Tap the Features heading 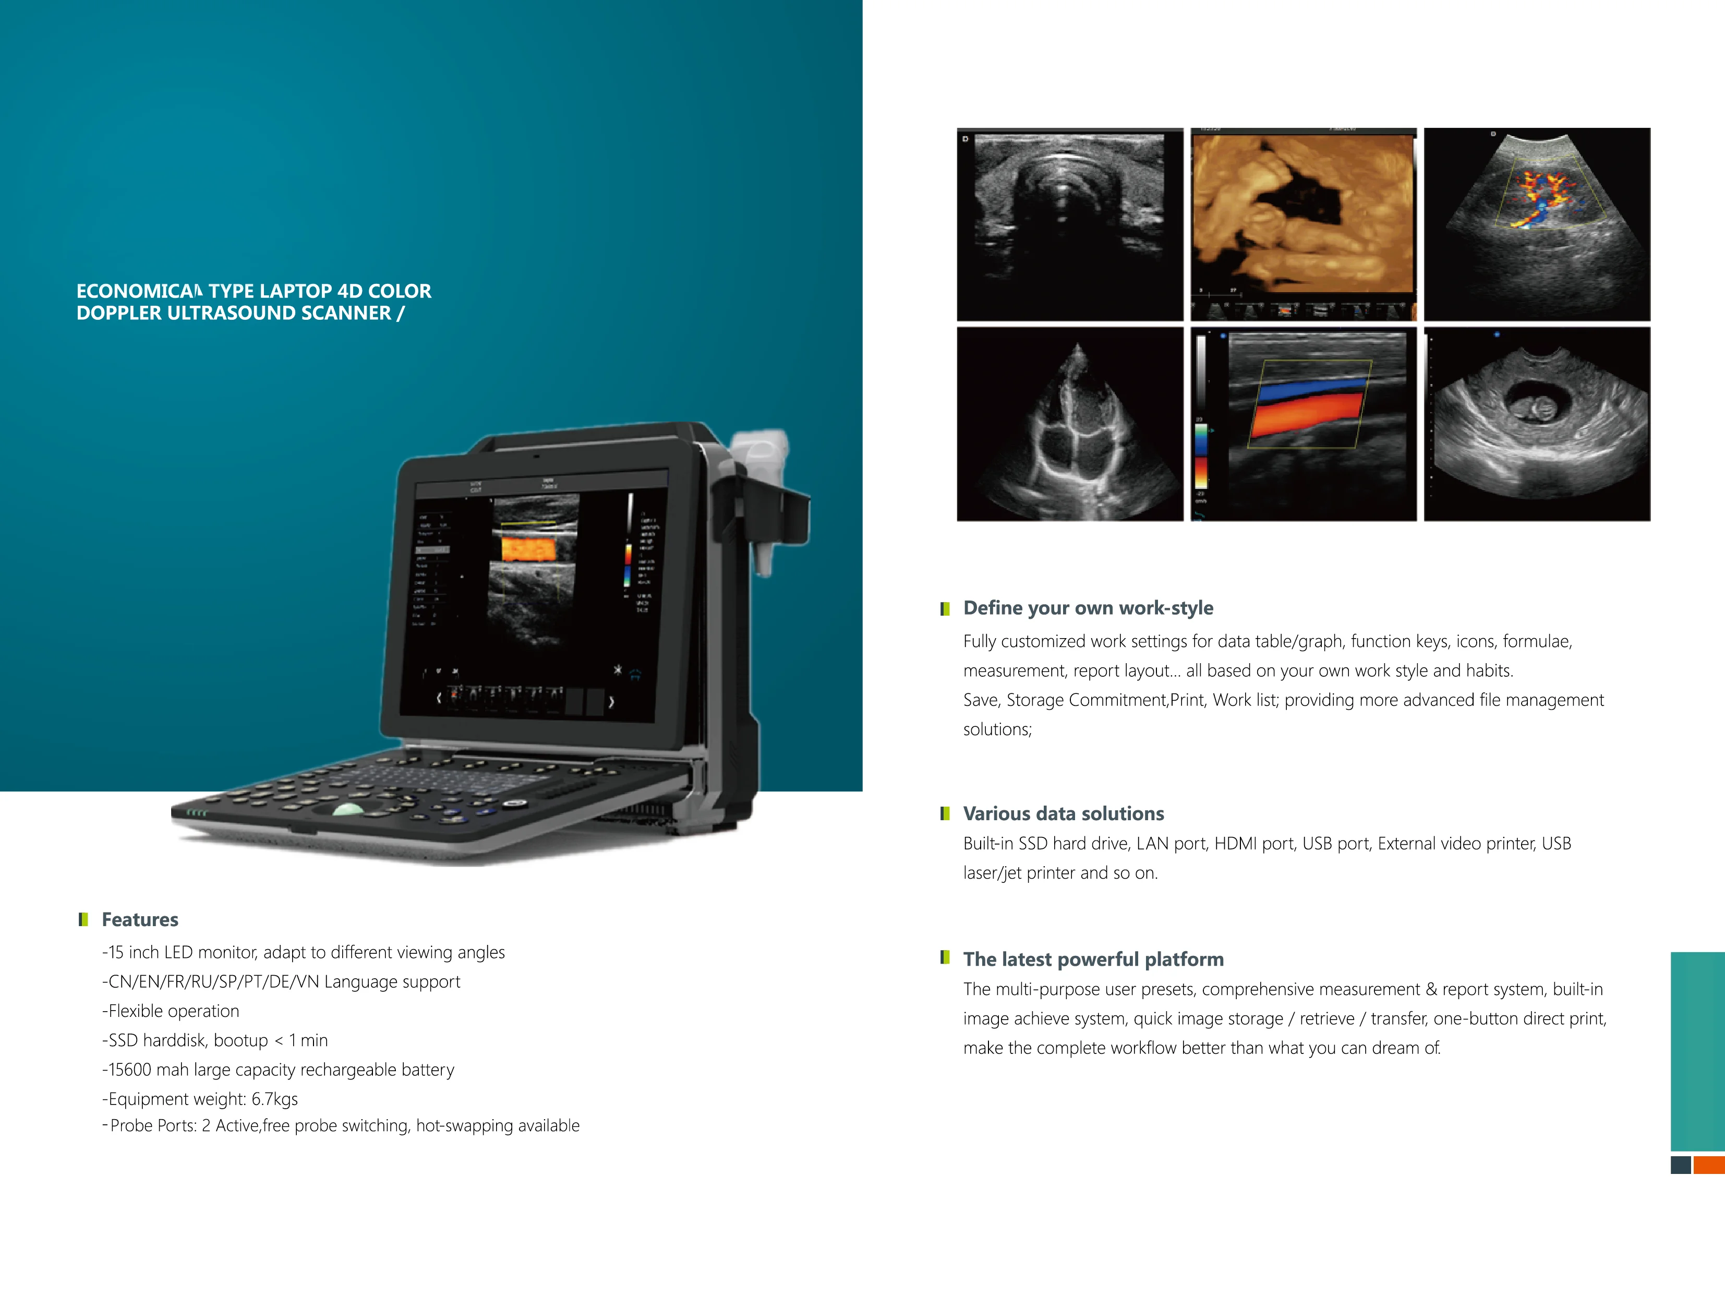tap(140, 920)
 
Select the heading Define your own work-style tap(1088, 608)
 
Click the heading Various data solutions tap(1063, 813)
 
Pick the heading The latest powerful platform tap(1093, 959)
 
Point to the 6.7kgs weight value tap(274, 1099)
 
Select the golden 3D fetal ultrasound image tap(1303, 224)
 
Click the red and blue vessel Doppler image tap(1303, 424)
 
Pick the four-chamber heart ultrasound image tap(1069, 424)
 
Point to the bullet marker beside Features tap(83, 920)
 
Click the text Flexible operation tap(173, 1011)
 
